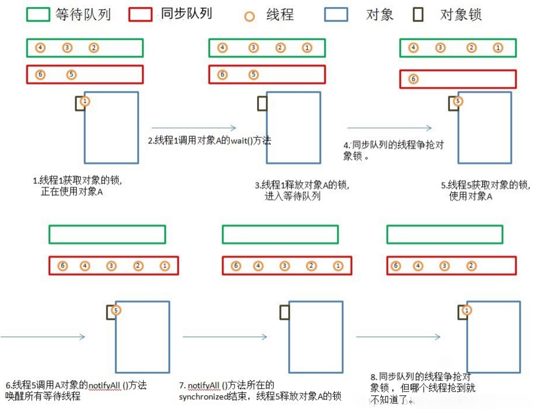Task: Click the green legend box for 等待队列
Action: point(38,14)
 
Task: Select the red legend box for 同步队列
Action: point(141,14)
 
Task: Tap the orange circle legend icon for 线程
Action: point(250,16)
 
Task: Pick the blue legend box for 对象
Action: point(336,15)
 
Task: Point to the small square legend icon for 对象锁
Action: point(417,15)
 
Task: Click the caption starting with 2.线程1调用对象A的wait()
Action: point(210,140)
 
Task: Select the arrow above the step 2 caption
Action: point(193,127)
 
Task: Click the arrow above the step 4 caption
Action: point(389,127)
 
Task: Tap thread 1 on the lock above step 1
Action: point(85,101)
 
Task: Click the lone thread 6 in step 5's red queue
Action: point(413,79)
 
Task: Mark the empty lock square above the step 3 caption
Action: point(262,104)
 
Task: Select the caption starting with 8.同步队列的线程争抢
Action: point(422,388)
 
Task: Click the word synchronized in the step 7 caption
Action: point(203,397)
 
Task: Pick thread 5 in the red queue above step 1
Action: point(71,74)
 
